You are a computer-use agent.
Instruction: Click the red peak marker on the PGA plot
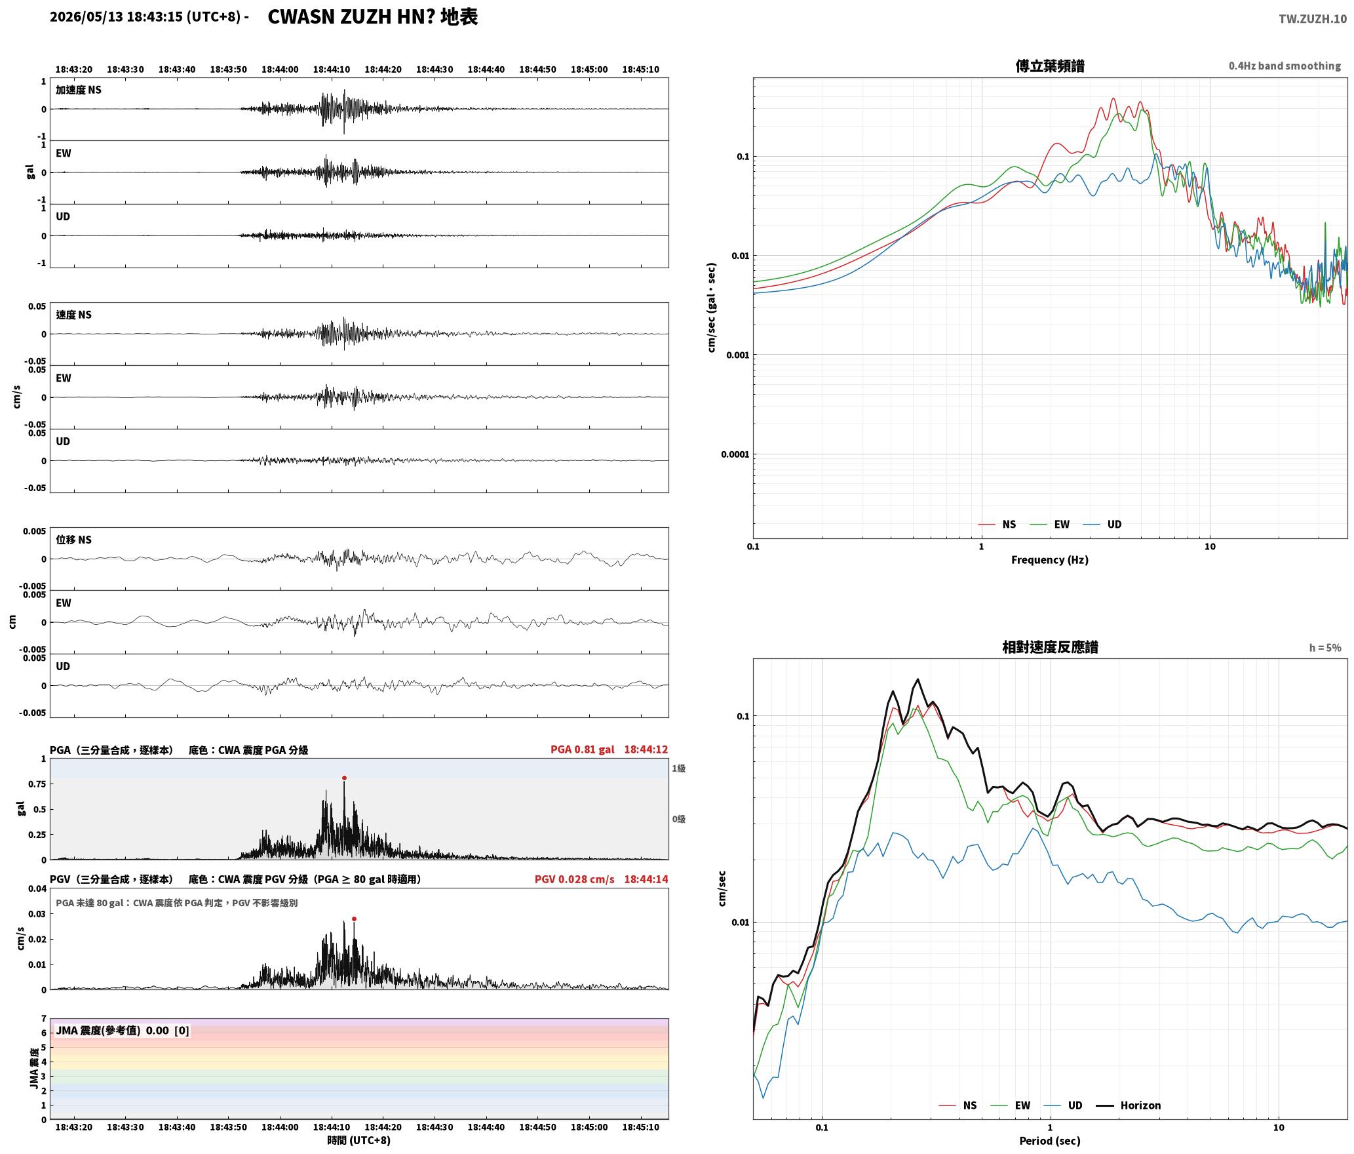click(x=344, y=778)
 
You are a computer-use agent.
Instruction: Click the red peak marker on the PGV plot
click(x=354, y=919)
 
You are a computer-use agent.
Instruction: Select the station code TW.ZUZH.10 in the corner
click(x=1313, y=19)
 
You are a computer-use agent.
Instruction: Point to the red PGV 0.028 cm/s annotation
click(x=575, y=879)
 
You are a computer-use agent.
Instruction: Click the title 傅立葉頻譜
click(x=1050, y=66)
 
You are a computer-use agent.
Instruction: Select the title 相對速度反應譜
click(x=1050, y=647)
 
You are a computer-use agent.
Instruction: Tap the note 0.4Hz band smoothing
click(x=1285, y=66)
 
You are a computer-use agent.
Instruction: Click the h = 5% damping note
click(x=1325, y=648)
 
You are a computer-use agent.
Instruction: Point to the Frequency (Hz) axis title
click(x=1050, y=560)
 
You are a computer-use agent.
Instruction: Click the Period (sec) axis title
click(x=1050, y=1141)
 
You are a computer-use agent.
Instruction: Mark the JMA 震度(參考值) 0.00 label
click(x=123, y=1031)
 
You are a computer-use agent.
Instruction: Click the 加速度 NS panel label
click(x=79, y=90)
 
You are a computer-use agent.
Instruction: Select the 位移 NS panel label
click(x=73, y=540)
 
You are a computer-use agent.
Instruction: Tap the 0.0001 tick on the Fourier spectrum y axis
click(x=735, y=454)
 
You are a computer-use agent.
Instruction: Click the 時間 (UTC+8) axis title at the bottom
click(x=359, y=1140)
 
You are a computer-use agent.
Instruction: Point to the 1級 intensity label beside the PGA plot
click(x=678, y=768)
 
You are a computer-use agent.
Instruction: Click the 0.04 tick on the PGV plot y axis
click(x=38, y=889)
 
